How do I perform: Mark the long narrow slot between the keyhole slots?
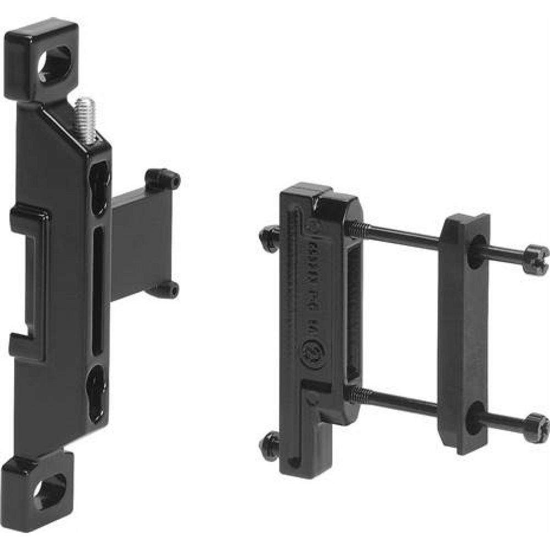coord(97,291)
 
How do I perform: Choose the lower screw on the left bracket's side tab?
coord(166,289)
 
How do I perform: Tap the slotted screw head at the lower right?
coord(536,428)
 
